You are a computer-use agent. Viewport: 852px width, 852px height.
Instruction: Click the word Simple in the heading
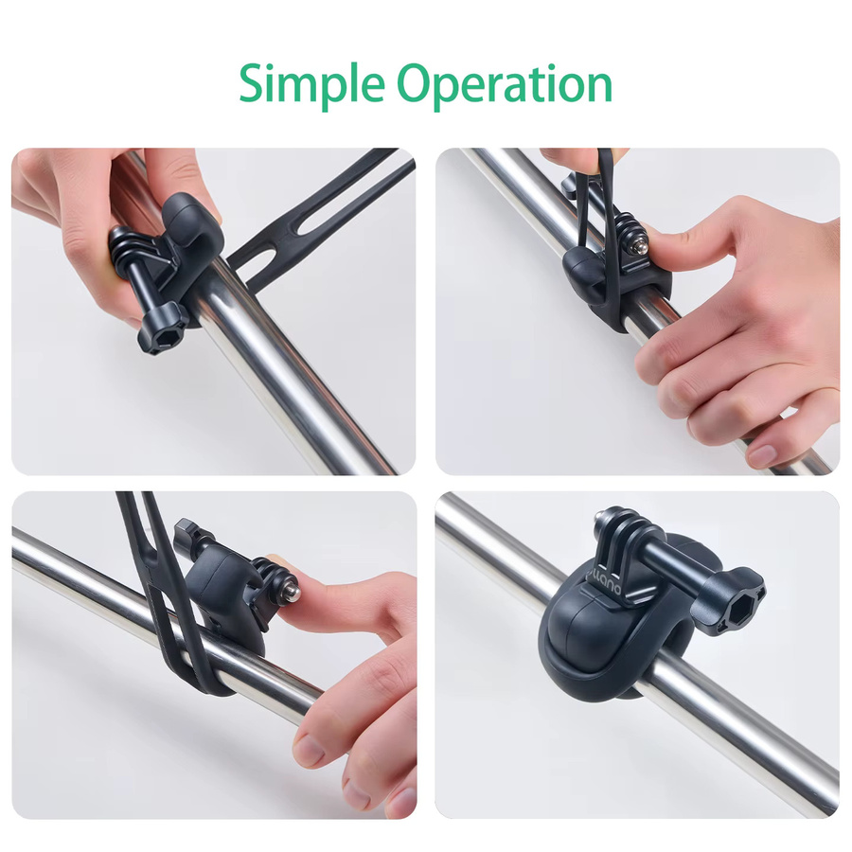(x=311, y=86)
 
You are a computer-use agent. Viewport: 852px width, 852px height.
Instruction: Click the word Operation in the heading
(x=505, y=86)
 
